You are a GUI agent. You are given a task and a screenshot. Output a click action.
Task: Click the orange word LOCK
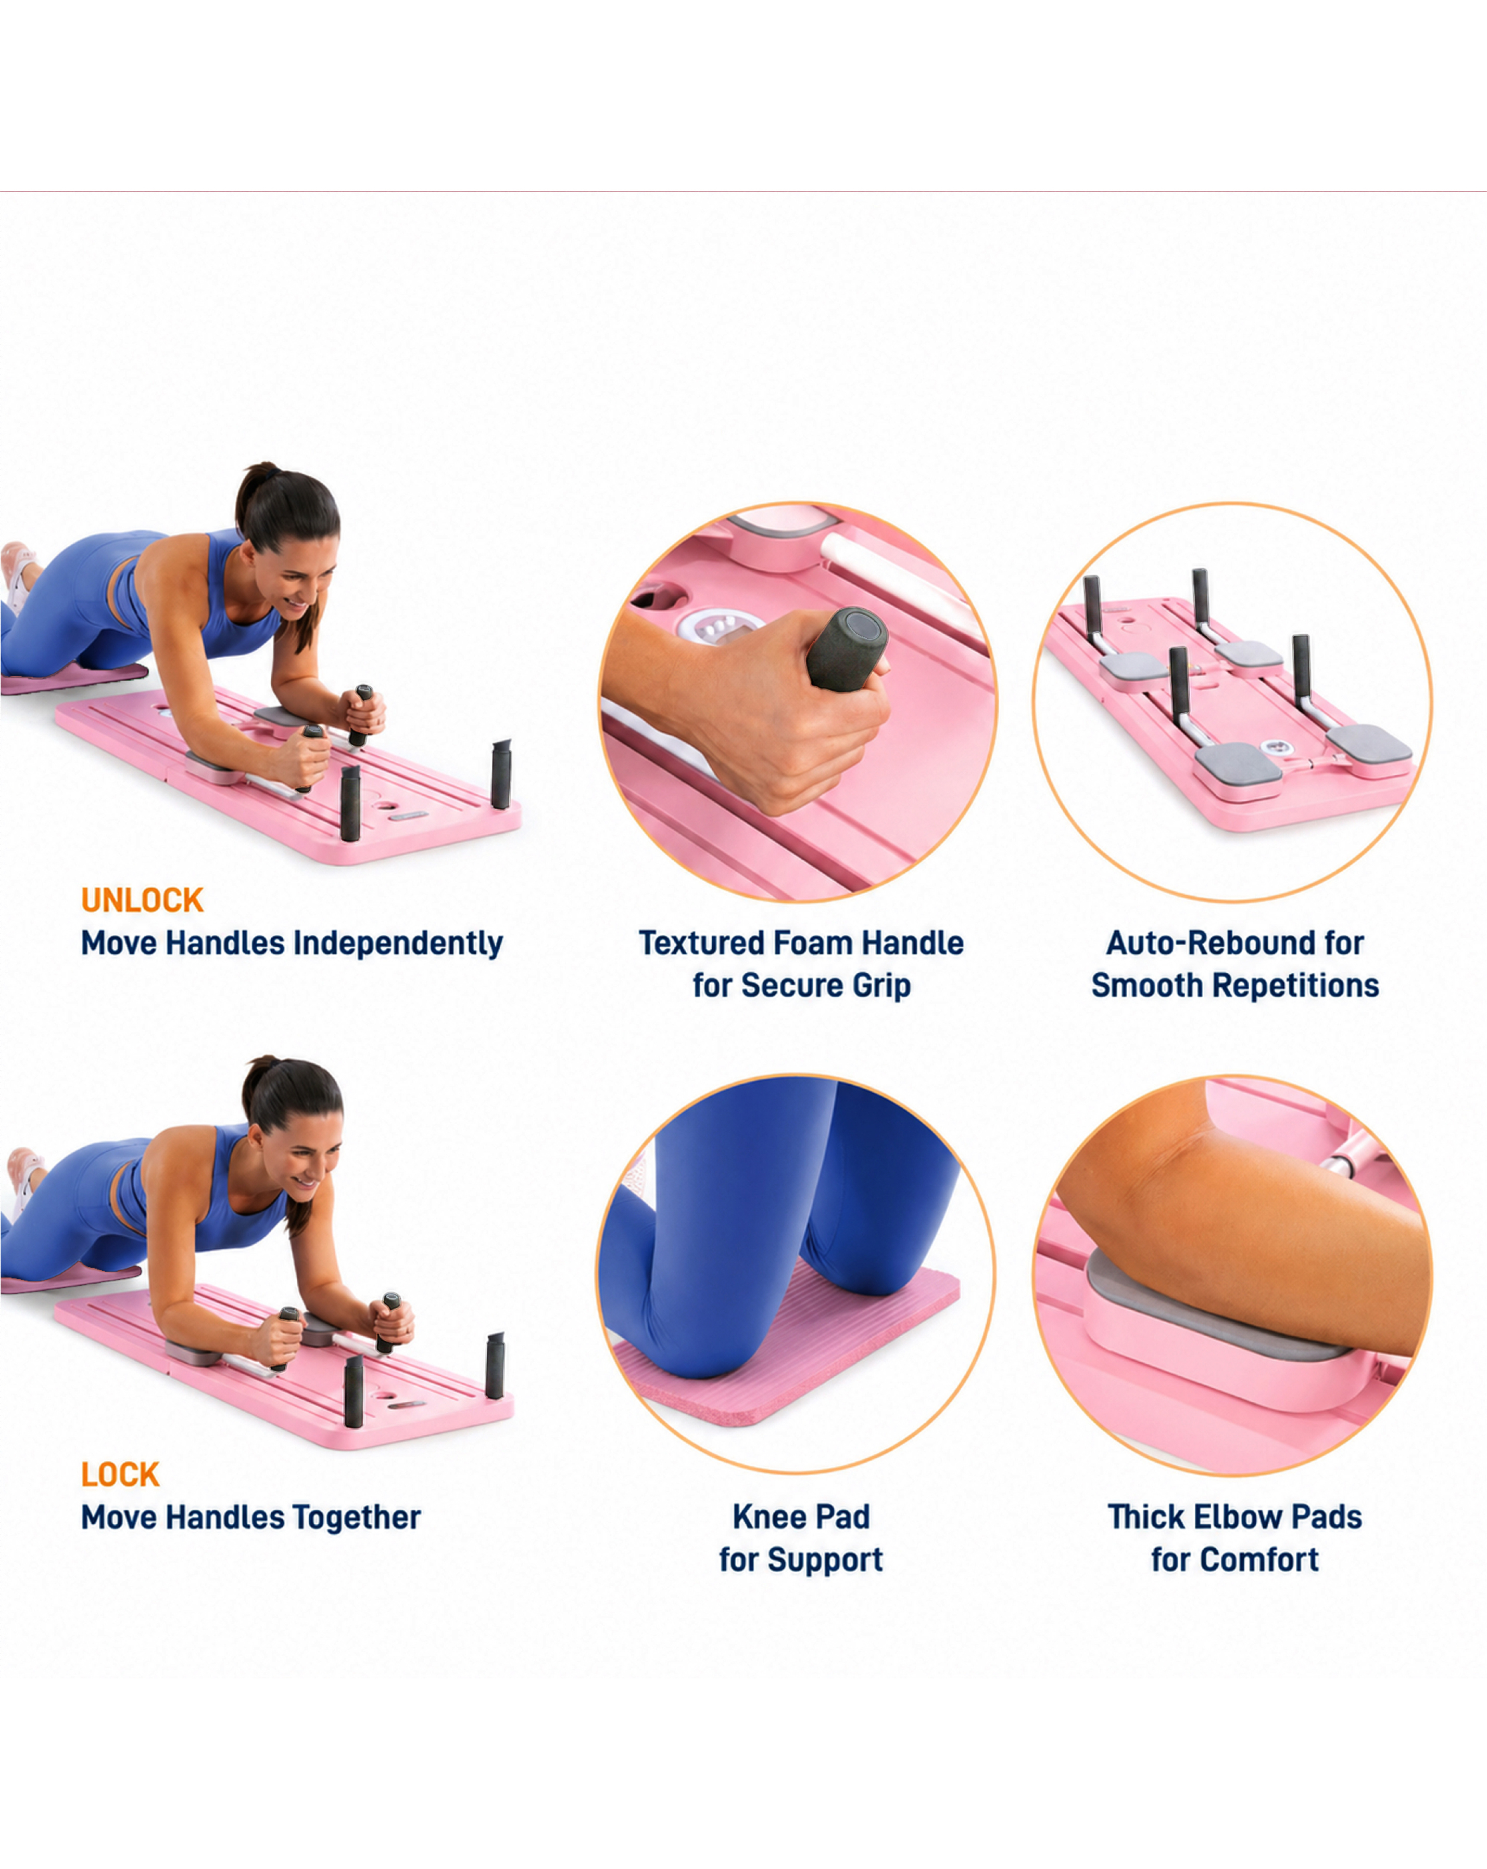click(120, 1475)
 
